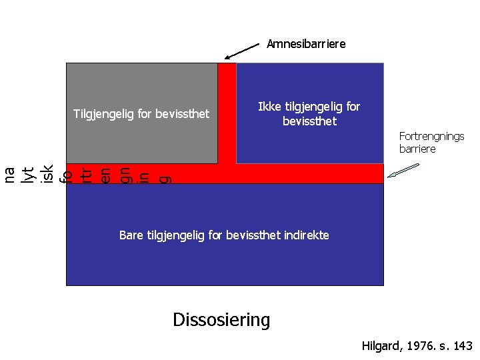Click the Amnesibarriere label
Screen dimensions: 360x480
[306, 44]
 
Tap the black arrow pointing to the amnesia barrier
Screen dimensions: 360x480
[241, 51]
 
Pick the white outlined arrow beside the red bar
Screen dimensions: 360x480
[403, 170]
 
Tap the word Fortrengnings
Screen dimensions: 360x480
[431, 136]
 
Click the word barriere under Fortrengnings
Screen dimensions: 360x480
[417, 149]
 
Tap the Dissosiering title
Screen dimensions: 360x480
[221, 320]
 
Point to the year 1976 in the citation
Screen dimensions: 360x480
[416, 346]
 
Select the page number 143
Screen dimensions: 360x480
[461, 346]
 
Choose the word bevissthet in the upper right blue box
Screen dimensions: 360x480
[309, 122]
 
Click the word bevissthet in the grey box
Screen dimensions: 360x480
[181, 115]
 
